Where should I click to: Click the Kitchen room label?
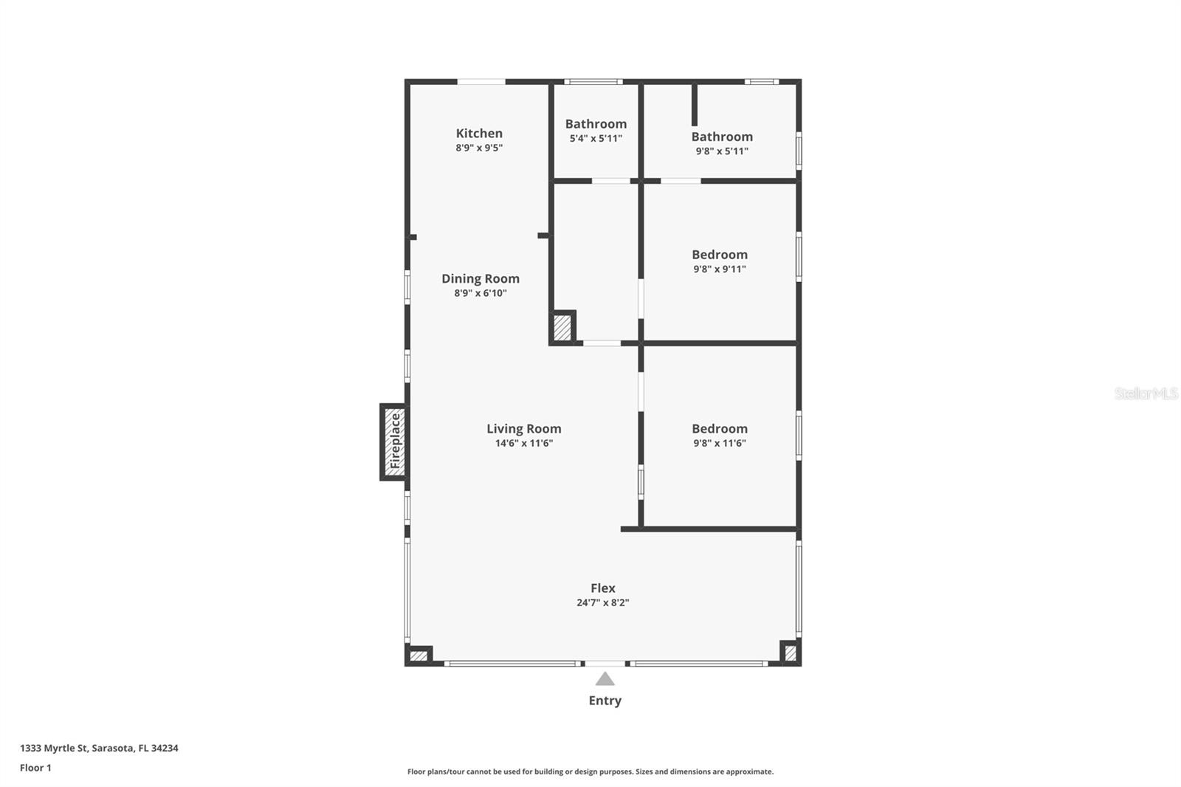[x=479, y=134]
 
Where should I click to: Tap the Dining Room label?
[x=481, y=278]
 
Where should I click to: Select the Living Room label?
[x=523, y=428]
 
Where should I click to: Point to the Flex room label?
[x=602, y=588]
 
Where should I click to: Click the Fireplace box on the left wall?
[x=394, y=441]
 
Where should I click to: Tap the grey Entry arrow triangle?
[x=605, y=678]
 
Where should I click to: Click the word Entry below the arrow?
[x=605, y=701]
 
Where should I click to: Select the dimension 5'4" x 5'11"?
[x=596, y=139]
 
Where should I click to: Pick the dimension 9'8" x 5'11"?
[x=722, y=151]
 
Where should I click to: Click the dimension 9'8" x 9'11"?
[x=720, y=269]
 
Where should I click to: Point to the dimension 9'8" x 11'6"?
[x=720, y=444]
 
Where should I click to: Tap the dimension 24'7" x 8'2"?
[x=602, y=602]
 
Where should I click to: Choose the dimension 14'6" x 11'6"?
[x=523, y=444]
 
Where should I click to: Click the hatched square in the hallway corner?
[x=562, y=327]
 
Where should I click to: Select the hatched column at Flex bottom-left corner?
[x=419, y=655]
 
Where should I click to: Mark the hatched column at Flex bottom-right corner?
[x=790, y=653]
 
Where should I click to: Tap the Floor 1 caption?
[x=35, y=768]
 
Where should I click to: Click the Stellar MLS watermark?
[x=1146, y=393]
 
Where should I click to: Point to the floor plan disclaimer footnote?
[x=590, y=771]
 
